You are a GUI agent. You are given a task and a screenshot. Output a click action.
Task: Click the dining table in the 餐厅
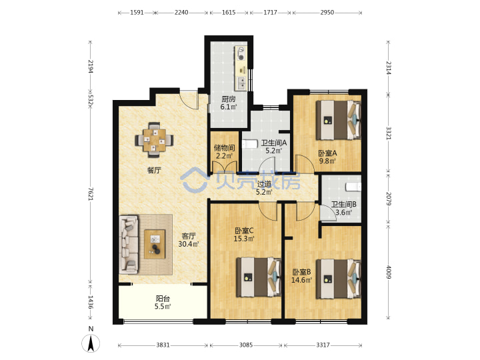154,140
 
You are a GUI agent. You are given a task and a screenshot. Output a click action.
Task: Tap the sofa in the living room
129,244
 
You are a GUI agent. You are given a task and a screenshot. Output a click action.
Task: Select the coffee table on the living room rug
155,244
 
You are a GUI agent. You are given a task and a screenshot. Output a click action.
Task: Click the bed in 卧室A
339,120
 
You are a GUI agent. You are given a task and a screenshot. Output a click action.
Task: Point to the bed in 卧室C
259,277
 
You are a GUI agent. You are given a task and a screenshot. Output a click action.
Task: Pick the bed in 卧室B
339,279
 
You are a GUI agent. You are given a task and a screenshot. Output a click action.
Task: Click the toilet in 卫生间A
249,144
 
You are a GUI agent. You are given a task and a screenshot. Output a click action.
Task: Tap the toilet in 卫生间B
353,187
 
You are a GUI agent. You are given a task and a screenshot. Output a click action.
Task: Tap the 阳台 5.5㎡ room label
163,302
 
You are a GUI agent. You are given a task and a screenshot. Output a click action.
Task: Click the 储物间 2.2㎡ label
225,152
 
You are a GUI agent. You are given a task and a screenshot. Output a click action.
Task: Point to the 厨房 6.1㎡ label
229,103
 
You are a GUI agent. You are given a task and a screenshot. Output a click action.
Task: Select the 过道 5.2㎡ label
264,188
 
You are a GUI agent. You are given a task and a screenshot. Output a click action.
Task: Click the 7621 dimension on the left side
91,194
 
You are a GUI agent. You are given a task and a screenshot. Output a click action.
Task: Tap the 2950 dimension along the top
327,12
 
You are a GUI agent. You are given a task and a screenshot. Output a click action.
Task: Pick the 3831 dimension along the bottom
163,345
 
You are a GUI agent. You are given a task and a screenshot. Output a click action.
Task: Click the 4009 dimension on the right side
388,272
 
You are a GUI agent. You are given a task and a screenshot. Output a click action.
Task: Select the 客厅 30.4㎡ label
189,240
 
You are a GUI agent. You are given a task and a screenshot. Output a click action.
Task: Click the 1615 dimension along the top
229,12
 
